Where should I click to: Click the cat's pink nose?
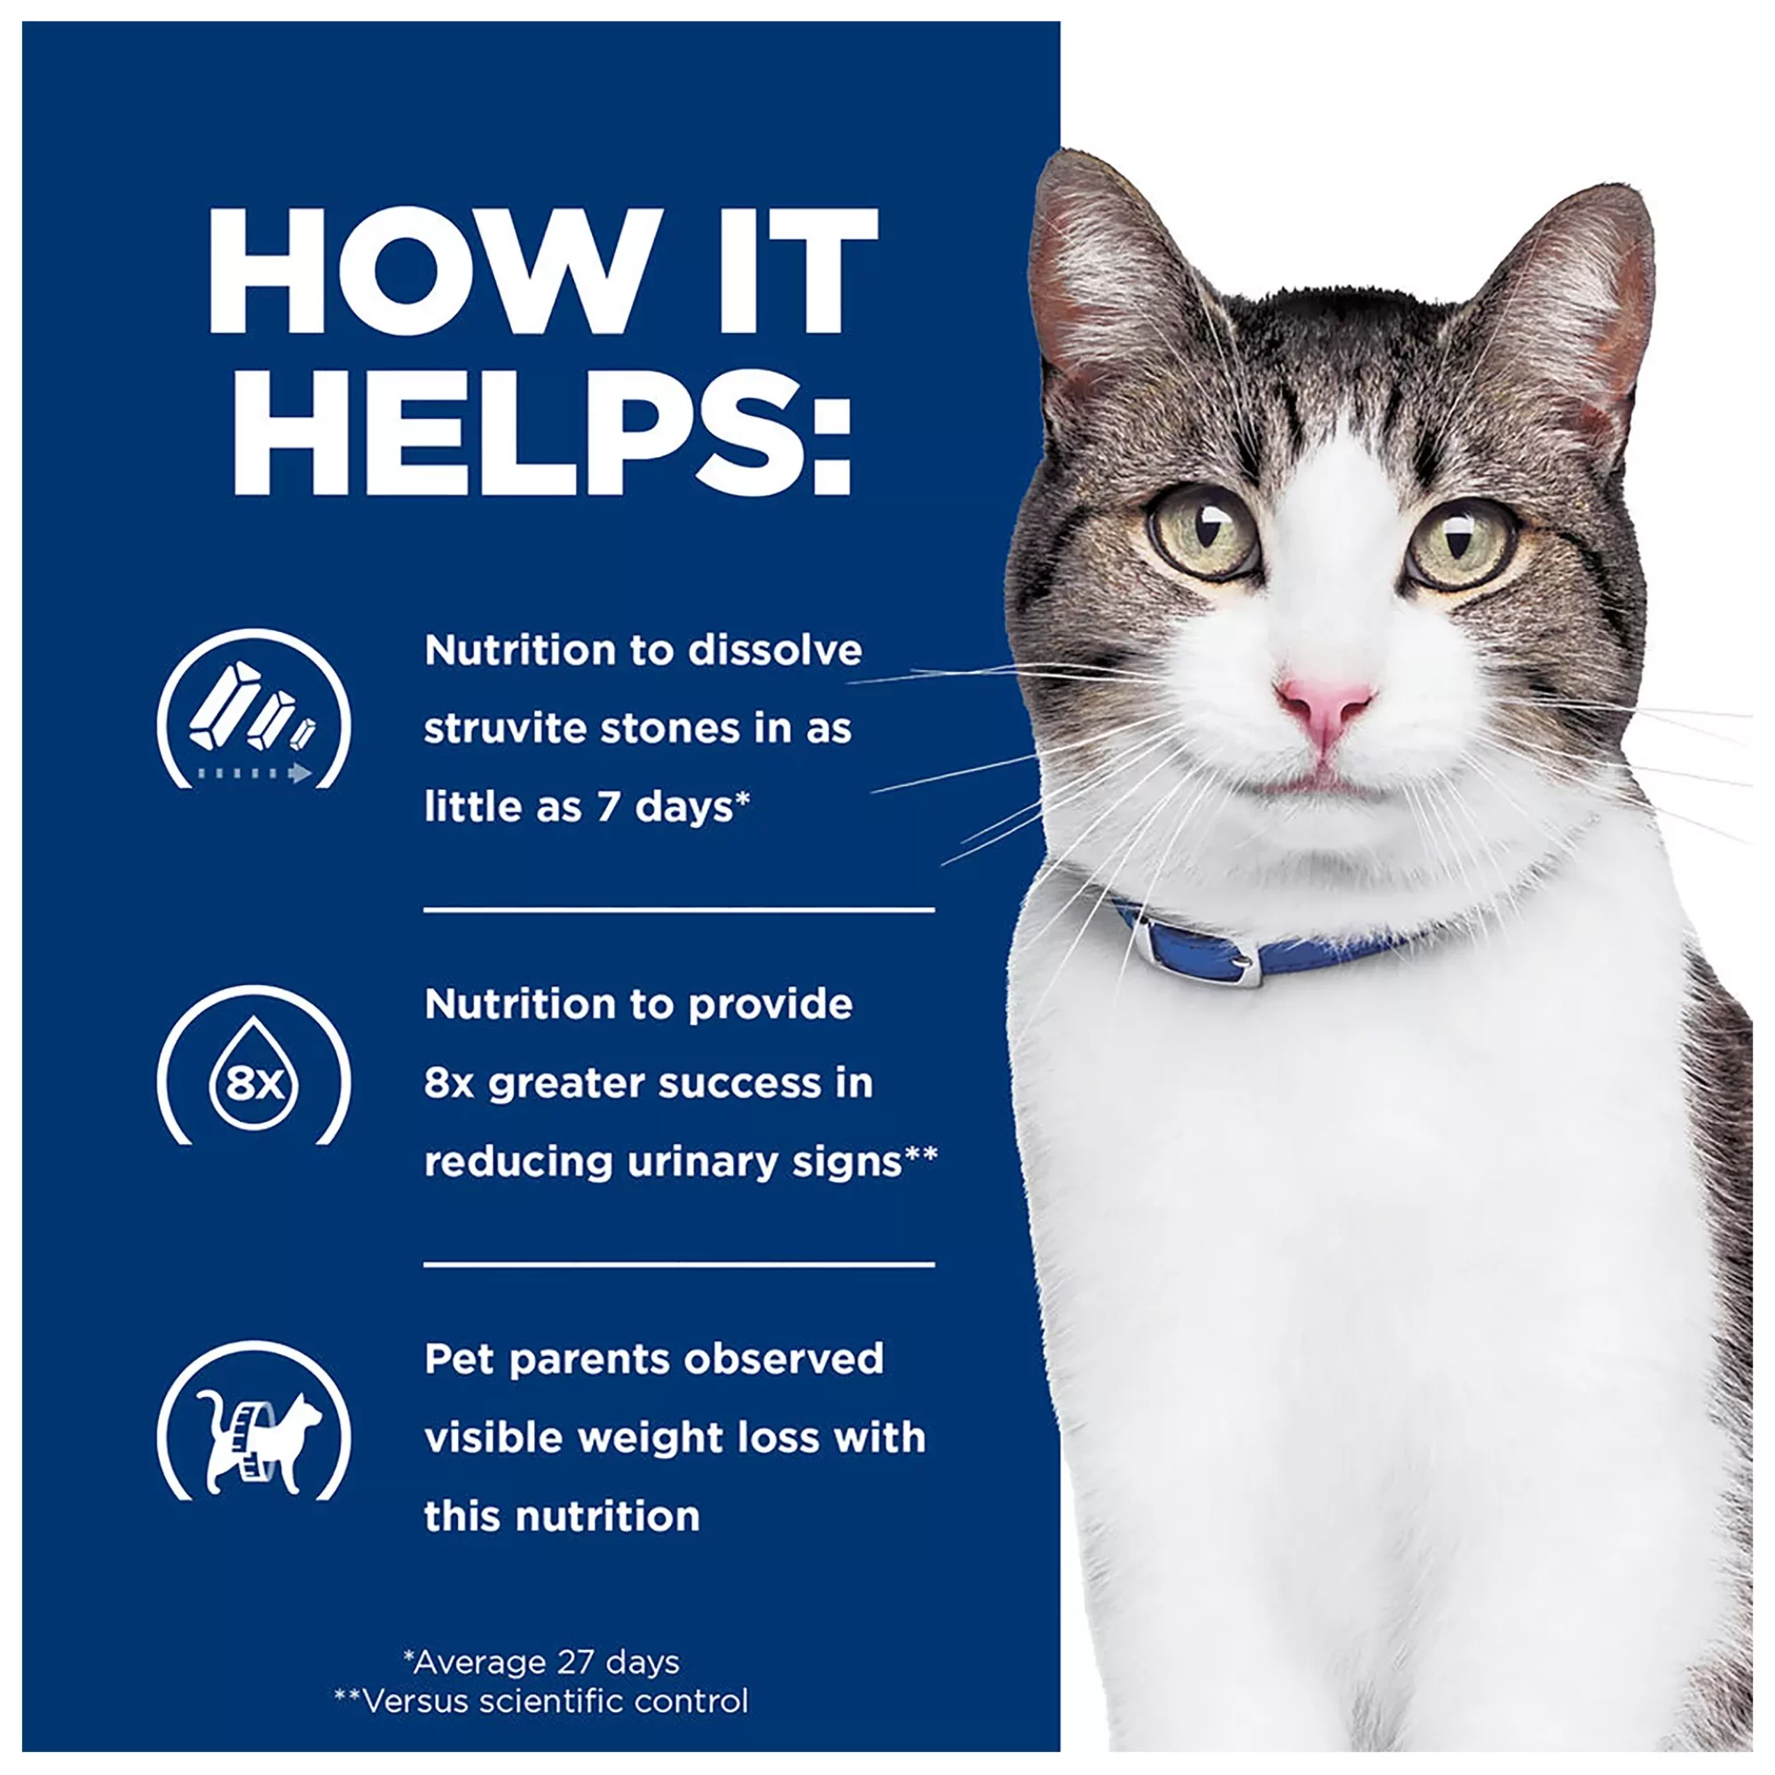(x=1324, y=709)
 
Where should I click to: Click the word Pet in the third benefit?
(x=460, y=1360)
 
